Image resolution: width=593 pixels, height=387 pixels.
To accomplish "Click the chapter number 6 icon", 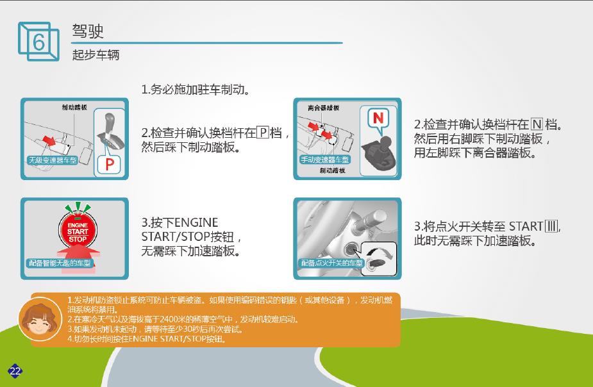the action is tap(38, 41).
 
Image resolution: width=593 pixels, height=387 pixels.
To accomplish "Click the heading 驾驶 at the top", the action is tap(88, 31).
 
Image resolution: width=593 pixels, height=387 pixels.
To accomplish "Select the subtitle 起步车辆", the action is tap(96, 55).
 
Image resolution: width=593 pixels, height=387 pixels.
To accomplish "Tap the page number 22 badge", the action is tap(15, 371).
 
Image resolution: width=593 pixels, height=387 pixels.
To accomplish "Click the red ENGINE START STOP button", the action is tap(78, 230).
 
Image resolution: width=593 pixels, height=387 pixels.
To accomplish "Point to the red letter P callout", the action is tap(109, 165).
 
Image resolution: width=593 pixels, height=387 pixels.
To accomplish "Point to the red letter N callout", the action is tap(378, 119).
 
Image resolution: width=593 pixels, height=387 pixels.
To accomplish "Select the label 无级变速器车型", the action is tap(53, 160).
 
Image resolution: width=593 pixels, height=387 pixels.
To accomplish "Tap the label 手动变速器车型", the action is tap(324, 160).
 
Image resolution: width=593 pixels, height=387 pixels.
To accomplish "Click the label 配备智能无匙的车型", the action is tap(60, 263).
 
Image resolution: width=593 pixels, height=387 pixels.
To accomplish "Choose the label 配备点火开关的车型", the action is tap(331, 263).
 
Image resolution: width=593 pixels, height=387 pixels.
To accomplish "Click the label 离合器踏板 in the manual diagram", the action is tap(323, 108).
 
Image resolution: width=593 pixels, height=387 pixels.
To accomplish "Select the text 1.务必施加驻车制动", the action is tap(195, 90).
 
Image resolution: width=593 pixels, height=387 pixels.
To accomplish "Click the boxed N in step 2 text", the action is tap(537, 124).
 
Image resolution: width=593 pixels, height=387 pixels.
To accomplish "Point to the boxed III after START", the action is tap(552, 226).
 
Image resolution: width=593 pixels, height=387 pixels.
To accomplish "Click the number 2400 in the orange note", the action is tap(169, 319).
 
